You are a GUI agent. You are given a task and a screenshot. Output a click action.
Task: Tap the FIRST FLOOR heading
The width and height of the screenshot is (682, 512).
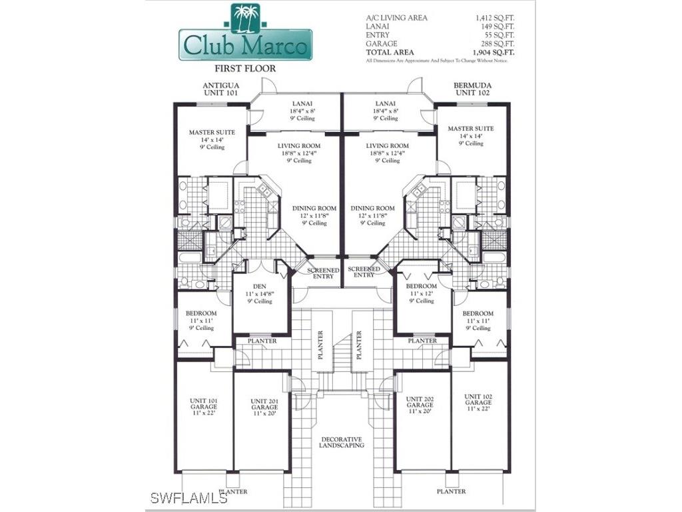click(244, 68)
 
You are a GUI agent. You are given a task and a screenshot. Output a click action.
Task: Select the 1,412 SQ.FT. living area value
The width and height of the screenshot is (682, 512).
click(494, 18)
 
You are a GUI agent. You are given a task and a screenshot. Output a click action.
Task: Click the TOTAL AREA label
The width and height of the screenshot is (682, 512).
click(390, 52)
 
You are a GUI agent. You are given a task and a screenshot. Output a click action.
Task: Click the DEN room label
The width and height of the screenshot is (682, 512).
click(259, 293)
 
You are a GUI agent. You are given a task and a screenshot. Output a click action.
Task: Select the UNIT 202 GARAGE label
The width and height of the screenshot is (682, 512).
click(420, 405)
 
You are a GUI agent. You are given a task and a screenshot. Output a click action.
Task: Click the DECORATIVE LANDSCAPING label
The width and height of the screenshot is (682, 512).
click(341, 442)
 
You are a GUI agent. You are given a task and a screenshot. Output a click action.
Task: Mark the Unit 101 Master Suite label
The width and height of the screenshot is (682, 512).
click(212, 139)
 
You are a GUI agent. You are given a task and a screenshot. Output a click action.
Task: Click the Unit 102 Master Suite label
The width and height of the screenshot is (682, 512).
click(470, 135)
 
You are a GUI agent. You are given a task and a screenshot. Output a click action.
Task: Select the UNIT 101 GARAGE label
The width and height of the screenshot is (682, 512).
click(203, 407)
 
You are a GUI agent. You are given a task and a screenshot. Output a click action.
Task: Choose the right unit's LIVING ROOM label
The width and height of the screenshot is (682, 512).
click(387, 153)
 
